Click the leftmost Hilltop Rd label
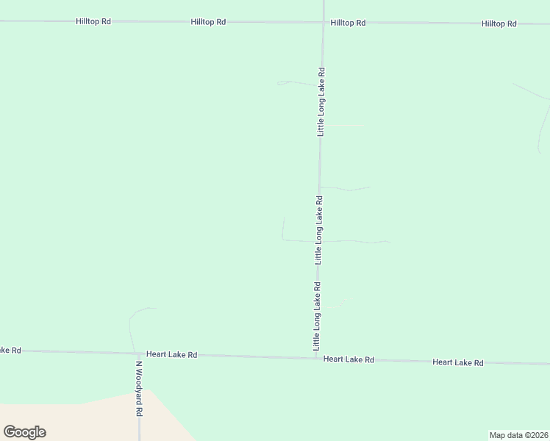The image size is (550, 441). (x=93, y=22)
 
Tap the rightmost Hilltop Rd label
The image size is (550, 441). (x=499, y=24)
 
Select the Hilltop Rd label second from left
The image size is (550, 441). (x=208, y=23)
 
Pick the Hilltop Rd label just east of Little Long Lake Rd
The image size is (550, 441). (x=348, y=24)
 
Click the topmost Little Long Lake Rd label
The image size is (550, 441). (x=321, y=101)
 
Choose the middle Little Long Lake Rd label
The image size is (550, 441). (x=318, y=229)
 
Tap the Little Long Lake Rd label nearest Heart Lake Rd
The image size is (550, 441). (x=317, y=316)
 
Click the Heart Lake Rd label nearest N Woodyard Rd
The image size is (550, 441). (x=172, y=355)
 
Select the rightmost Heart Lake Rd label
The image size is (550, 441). (x=458, y=362)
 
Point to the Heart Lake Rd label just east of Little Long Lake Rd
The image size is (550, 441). (x=349, y=359)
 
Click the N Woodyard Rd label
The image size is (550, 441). (x=138, y=388)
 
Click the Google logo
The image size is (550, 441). (x=24, y=432)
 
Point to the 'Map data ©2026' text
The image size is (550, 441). (x=518, y=434)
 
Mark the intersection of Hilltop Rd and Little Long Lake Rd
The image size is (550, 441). (x=324, y=23)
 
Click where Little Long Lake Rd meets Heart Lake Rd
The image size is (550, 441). (x=316, y=358)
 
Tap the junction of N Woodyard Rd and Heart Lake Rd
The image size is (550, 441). (x=138, y=354)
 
